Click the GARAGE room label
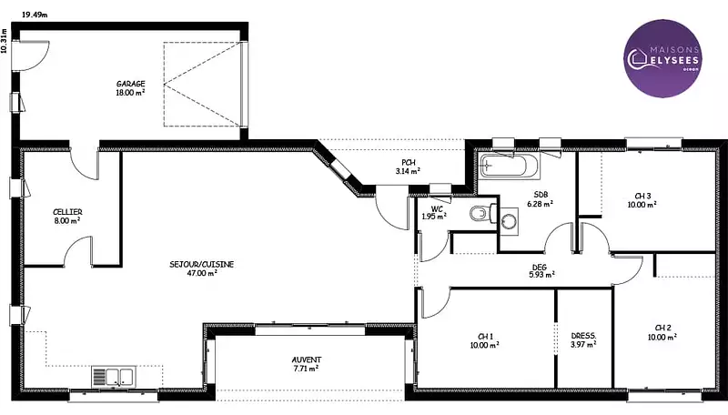pos(130,87)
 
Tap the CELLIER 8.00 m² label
pos(67,217)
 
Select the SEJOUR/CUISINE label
pos(201,268)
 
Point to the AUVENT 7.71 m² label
pos(307,364)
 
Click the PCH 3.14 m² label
pos(408,167)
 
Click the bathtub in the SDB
pos(510,166)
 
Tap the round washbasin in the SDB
pos(509,221)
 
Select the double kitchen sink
pos(114,377)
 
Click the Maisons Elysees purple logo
pos(662,58)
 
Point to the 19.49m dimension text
pos(35,15)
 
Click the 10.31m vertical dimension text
pos(5,42)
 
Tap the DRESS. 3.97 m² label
pos(583,339)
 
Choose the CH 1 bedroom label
pos(485,340)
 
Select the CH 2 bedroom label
pos(662,332)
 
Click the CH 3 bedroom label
pos(642,200)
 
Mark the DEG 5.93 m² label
pos(541,270)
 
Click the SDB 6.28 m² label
pos(540,199)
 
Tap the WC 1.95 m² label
pos(434,213)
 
